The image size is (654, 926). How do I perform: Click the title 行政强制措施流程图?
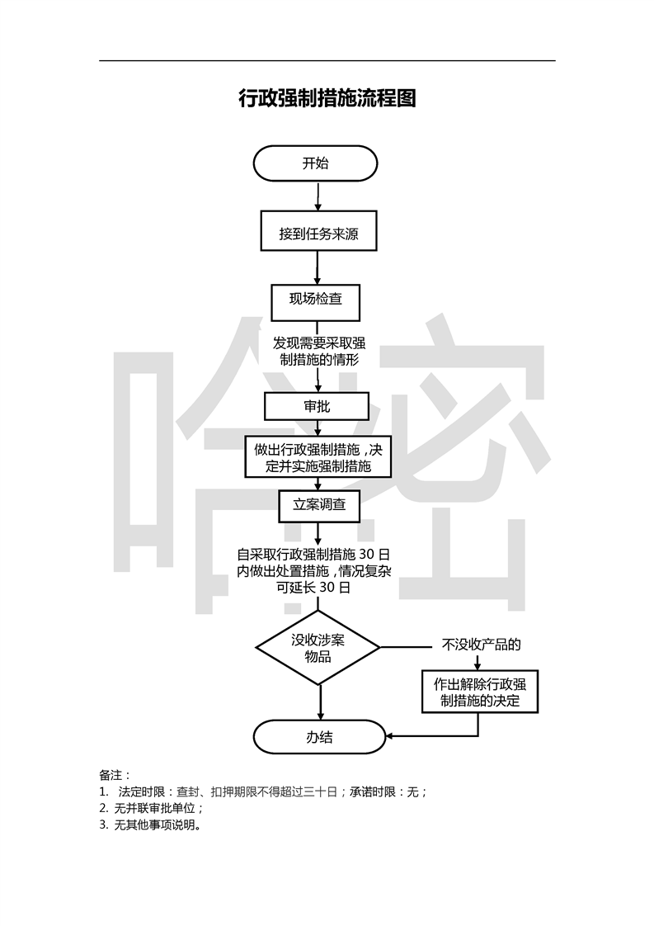pyautogui.click(x=327, y=99)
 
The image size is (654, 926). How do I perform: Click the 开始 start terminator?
pyautogui.click(x=315, y=163)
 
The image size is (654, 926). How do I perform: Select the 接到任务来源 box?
pyautogui.click(x=318, y=234)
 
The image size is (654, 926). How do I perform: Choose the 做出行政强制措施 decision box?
pyautogui.click(x=318, y=457)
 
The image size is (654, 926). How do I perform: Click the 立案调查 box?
pyautogui.click(x=318, y=505)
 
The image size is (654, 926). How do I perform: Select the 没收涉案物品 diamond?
pyautogui.click(x=318, y=648)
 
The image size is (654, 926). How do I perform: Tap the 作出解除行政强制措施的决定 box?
pyautogui.click(x=479, y=692)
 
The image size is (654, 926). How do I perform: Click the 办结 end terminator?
pyautogui.click(x=319, y=737)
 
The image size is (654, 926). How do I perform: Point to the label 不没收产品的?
pyautogui.click(x=482, y=645)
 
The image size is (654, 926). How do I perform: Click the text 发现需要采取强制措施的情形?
pyautogui.click(x=318, y=351)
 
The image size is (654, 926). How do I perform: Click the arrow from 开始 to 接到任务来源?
pyautogui.click(x=318, y=196)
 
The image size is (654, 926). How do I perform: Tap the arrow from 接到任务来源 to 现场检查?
pyautogui.click(x=318, y=268)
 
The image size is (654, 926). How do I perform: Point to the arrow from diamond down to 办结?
pyautogui.click(x=319, y=702)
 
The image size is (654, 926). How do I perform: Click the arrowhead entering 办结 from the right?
pyautogui.click(x=391, y=735)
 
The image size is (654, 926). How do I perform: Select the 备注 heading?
pyautogui.click(x=111, y=775)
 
